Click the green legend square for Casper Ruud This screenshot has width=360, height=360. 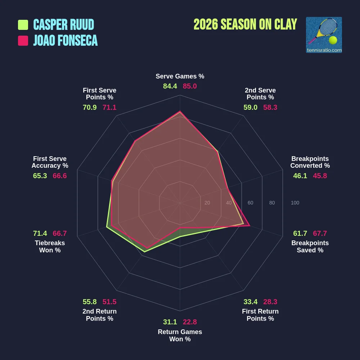pos(23,25)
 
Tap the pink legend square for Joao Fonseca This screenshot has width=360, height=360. pos(23,41)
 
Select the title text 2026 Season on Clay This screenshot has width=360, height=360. pos(245,24)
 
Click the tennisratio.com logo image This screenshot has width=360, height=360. pos(324,35)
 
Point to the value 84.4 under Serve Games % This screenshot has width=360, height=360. pos(170,86)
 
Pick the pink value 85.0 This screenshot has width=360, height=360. pos(190,86)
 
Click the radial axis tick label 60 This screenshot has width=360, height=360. pos(250,203)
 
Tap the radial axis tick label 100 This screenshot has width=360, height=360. pos(295,203)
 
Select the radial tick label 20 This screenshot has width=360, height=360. pos(207,203)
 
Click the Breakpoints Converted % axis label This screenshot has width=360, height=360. pos(310,162)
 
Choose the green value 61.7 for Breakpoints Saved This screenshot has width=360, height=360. pos(300,233)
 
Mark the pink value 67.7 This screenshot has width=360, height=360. pos(320,233)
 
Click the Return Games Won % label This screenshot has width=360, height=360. pos(180,336)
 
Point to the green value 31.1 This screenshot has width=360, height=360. pos(170,322)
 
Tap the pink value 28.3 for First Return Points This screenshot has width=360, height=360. pos(270,302)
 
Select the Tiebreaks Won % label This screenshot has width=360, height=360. pos(50,247)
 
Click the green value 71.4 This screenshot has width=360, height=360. pos(40,233)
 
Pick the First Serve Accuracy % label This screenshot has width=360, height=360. pos(50,162)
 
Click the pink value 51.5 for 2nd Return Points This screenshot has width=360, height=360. pos(109,302)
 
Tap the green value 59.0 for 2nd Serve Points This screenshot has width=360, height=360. pos(250,107)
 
